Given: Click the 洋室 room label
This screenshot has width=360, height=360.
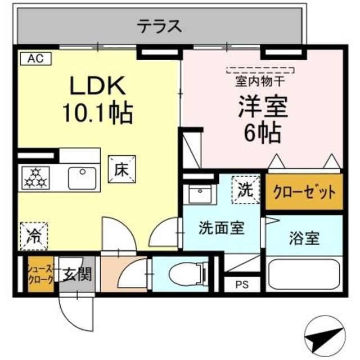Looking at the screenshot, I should pos(262,107).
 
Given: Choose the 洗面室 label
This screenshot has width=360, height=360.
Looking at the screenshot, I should pos(221,228).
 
